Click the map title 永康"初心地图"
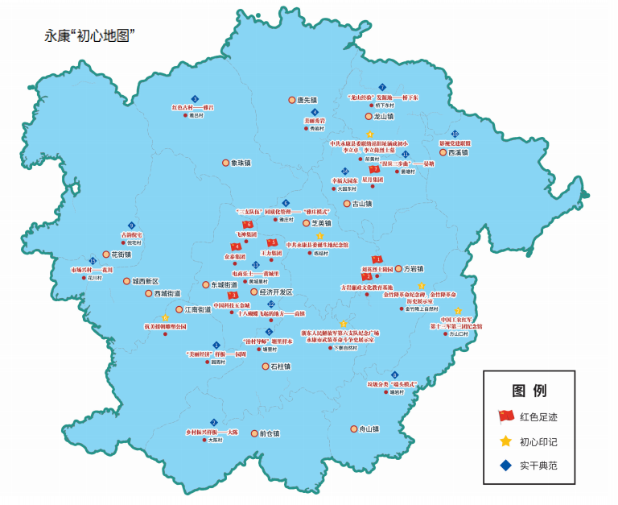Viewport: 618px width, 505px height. point(89,35)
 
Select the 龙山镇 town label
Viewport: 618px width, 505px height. point(382,116)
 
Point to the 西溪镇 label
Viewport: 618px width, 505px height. point(458,152)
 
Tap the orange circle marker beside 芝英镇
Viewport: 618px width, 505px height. point(306,223)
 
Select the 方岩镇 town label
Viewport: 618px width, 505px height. point(413,268)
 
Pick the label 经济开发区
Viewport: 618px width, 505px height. point(276,292)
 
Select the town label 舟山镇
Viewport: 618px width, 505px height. point(369,429)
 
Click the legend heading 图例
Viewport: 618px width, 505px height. point(529,391)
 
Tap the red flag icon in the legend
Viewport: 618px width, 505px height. point(505,416)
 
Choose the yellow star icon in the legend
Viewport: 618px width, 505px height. point(505,441)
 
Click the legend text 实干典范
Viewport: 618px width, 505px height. point(538,465)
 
